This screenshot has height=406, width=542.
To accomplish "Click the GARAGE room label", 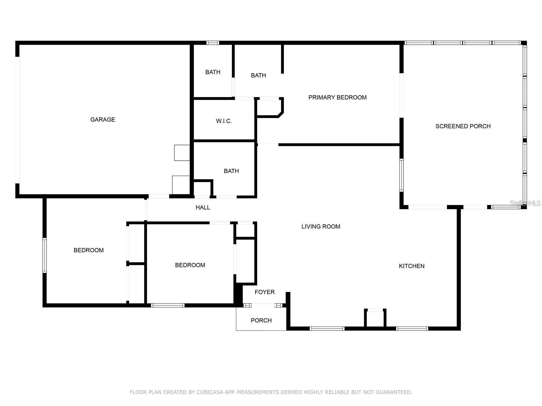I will [103, 119].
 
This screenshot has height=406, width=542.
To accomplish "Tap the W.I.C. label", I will [224, 121].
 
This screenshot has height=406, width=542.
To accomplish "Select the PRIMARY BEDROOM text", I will [337, 97].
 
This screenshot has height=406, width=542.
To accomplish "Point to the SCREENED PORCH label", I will [463, 126].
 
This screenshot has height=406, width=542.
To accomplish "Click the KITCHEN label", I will [412, 266].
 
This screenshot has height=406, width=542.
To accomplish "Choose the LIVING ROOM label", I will [321, 227].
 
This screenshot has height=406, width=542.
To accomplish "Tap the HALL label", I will [203, 207].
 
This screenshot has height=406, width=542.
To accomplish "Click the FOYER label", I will [265, 292].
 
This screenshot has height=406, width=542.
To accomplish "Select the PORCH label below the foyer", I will [261, 320].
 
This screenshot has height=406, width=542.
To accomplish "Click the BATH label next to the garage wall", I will [213, 72].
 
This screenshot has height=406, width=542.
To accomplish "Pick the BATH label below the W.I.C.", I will [231, 171].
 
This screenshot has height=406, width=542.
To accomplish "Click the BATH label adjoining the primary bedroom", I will [258, 75].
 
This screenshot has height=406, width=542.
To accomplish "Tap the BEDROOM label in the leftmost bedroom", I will [88, 250].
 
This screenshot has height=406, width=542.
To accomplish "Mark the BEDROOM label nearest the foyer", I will [190, 265].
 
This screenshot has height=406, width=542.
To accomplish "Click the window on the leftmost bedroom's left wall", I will [44, 255].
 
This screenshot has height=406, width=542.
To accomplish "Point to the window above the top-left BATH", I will [213, 43].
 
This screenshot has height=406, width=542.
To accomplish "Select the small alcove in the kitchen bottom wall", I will [375, 318].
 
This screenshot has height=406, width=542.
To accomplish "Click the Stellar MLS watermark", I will [525, 203].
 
